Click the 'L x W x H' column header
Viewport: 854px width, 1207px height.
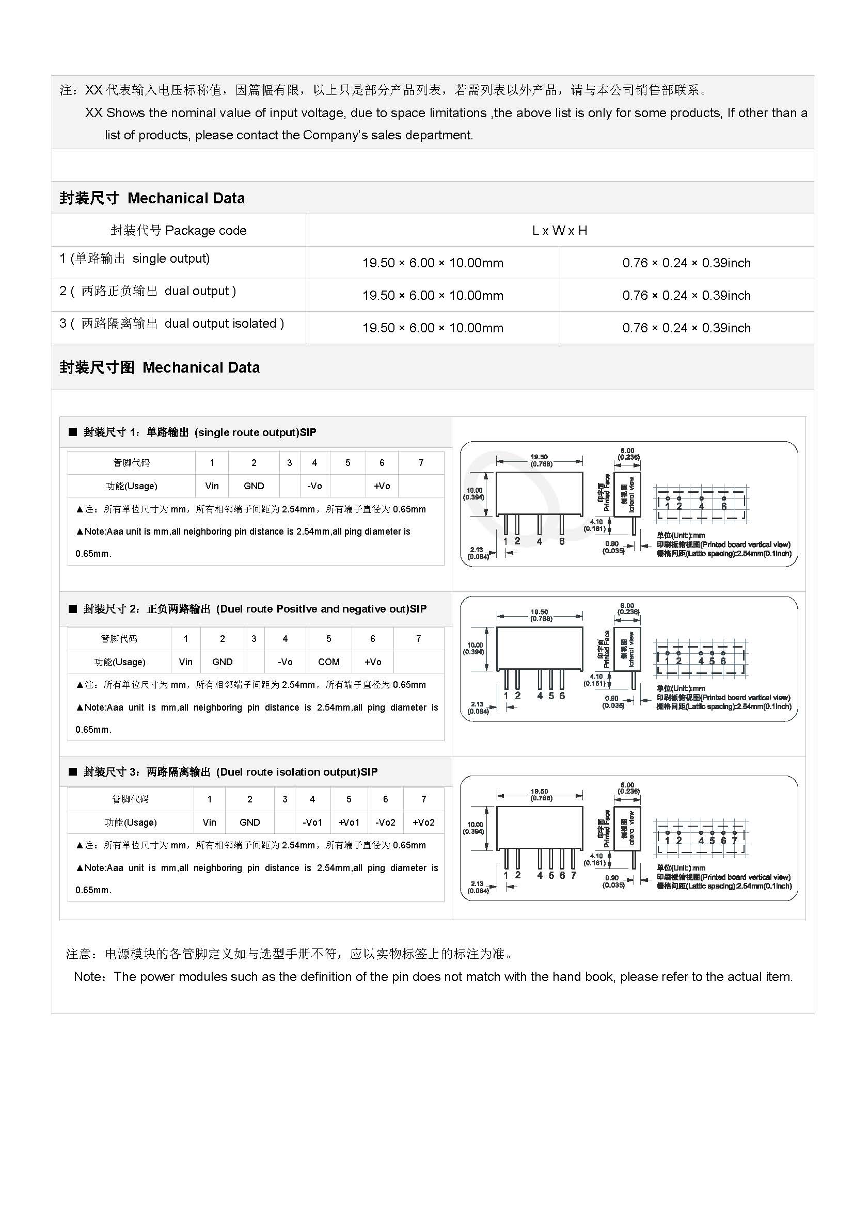pos(560,230)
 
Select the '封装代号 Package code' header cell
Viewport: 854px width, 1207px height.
pos(178,230)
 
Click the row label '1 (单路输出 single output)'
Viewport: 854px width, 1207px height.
pos(135,259)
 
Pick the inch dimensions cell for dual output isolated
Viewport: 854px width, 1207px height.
pos(686,328)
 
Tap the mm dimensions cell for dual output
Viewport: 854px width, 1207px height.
pos(432,296)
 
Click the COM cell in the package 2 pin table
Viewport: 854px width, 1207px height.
pos(329,662)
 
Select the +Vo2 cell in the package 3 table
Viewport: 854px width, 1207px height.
pos(423,822)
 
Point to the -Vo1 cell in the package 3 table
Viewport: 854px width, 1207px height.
pos(312,822)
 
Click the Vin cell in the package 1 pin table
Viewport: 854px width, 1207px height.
pos(212,486)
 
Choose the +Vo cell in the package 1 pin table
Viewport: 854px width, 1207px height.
pos(382,486)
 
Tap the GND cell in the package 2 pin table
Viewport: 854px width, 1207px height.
pos(223,662)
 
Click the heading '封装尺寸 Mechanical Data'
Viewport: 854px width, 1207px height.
pos(152,198)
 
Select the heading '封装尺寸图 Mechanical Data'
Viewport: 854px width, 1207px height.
pos(160,367)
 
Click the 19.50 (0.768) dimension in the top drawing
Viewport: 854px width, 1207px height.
pos(539,460)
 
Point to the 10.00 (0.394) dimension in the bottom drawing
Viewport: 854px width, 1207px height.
pos(475,828)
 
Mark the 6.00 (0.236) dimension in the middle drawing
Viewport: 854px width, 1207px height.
pos(628,609)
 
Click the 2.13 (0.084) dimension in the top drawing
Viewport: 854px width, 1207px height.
pos(478,553)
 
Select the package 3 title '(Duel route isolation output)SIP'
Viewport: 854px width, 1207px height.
pos(297,771)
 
